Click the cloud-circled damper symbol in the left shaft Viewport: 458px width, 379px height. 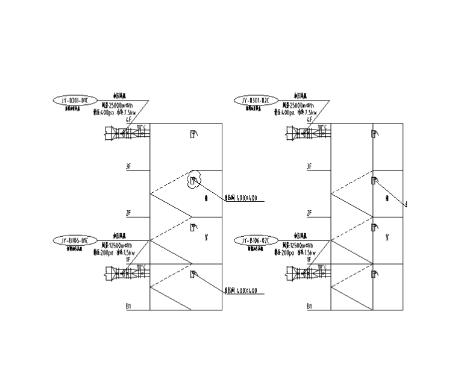click(193, 180)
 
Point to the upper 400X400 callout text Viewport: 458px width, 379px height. click(245, 198)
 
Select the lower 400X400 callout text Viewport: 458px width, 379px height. click(245, 291)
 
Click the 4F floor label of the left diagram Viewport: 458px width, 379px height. click(128, 120)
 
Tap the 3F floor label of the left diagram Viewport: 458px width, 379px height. click(128, 166)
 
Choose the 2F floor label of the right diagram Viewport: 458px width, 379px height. click(309, 213)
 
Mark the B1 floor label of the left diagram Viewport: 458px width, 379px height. click(128, 307)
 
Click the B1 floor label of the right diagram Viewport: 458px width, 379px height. click(309, 307)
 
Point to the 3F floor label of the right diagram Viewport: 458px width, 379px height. click(309, 166)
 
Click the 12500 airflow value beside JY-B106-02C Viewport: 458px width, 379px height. click(301, 246)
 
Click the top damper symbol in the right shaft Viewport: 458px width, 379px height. click(374, 134)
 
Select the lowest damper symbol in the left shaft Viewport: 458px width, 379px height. click(193, 274)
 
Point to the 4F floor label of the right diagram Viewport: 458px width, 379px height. click(309, 120)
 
